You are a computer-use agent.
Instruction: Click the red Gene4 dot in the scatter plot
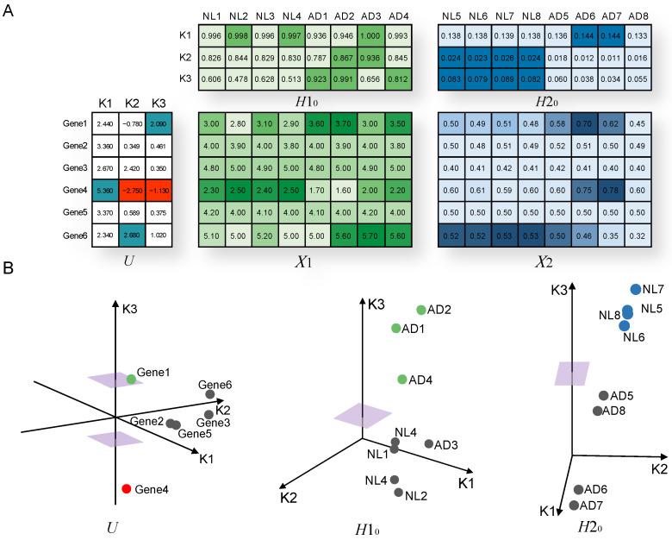[x=127, y=489]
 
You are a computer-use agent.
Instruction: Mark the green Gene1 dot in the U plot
[x=131, y=379]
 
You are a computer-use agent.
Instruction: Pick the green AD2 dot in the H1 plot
[x=420, y=310]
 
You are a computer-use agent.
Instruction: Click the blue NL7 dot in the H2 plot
[x=636, y=290]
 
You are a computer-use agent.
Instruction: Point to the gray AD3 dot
[x=429, y=444]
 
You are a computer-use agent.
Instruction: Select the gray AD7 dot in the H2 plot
[x=575, y=505]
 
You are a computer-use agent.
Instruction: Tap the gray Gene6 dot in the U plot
[x=211, y=395]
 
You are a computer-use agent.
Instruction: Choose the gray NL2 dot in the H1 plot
[x=399, y=493]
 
